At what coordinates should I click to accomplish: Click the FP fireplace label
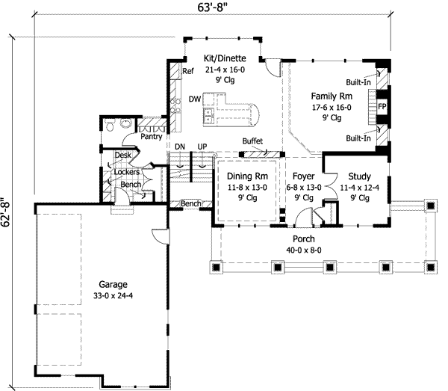(x=382, y=107)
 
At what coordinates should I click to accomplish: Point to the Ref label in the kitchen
(x=189, y=71)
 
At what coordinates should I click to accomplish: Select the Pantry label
(x=152, y=138)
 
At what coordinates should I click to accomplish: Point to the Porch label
(x=302, y=239)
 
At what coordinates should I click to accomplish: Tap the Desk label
(x=123, y=156)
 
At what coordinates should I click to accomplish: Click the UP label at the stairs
(x=202, y=147)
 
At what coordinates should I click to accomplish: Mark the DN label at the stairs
(x=179, y=147)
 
